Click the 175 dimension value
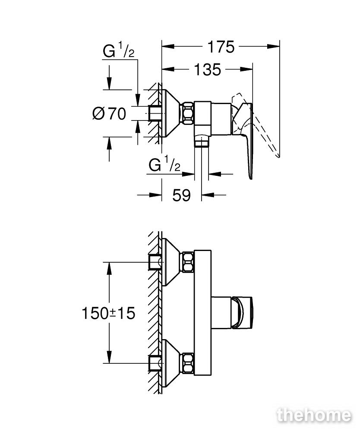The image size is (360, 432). (221, 47)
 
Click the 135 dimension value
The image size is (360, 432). (208, 70)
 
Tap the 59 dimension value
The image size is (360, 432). (181, 195)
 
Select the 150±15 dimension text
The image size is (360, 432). (109, 313)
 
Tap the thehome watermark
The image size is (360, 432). (314, 415)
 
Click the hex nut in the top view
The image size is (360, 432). (188, 113)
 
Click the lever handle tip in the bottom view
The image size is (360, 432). (242, 313)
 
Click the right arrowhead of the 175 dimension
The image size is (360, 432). (273, 47)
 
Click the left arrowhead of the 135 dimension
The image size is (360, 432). (168, 69)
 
